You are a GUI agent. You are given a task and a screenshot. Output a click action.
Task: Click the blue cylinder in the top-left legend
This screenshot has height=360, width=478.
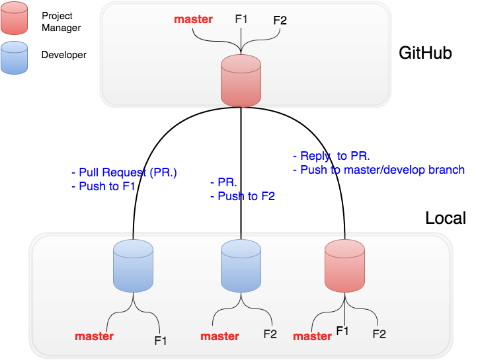pyautogui.click(x=15, y=57)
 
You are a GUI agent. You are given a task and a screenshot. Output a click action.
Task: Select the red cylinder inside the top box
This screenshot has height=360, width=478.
pyautogui.click(x=241, y=81)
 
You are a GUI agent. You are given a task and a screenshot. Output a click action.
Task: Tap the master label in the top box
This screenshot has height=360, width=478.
pyautogui.click(x=193, y=19)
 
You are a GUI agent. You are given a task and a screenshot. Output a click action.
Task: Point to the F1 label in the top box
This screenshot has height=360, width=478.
pyautogui.click(x=241, y=19)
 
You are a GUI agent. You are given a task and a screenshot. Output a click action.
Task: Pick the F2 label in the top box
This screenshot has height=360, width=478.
pyautogui.click(x=280, y=20)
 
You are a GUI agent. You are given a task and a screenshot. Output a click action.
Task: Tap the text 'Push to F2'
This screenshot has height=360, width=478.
pyautogui.click(x=247, y=196)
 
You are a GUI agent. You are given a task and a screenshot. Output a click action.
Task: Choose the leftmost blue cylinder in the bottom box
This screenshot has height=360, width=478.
pyautogui.click(x=133, y=266)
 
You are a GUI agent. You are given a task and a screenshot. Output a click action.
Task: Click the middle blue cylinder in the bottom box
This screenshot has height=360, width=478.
pyautogui.click(x=241, y=266)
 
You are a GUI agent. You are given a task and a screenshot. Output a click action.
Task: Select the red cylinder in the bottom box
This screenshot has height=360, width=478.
pyautogui.click(x=344, y=266)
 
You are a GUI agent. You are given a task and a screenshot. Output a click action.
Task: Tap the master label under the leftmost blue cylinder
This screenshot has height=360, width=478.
pyautogui.click(x=94, y=336)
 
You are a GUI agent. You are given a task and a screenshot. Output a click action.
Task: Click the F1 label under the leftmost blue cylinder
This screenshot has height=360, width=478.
pyautogui.click(x=161, y=341)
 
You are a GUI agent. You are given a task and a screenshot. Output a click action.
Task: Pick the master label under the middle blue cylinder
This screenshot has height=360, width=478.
pyautogui.click(x=219, y=336)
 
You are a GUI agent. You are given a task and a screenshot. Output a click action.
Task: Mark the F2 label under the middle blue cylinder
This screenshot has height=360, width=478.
pyautogui.click(x=270, y=334)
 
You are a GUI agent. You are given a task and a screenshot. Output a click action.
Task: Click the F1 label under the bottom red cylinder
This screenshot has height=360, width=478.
pyautogui.click(x=342, y=330)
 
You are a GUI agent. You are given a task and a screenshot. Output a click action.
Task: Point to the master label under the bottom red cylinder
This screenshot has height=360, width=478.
pyautogui.click(x=312, y=336)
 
